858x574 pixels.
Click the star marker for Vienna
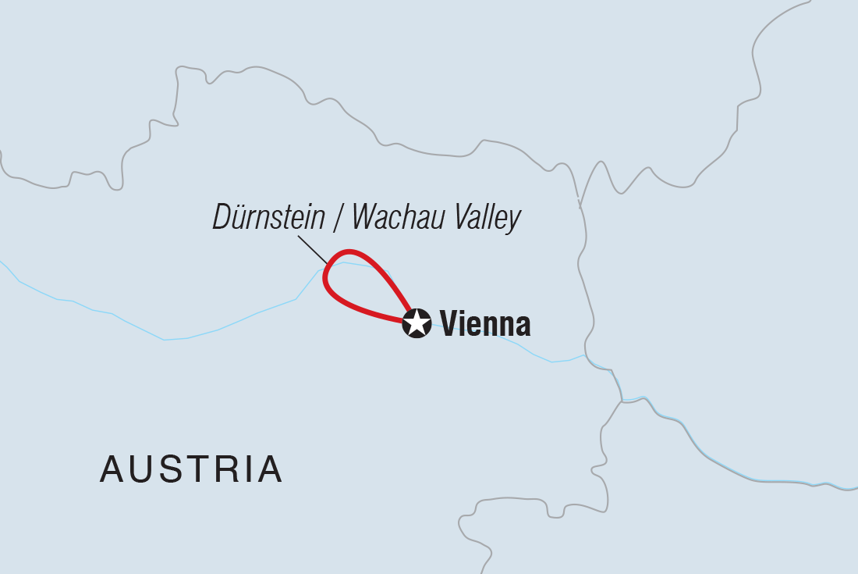click(x=417, y=323)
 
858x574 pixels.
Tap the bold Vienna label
click(x=485, y=323)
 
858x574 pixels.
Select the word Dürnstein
click(x=268, y=218)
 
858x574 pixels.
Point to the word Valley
click(x=487, y=218)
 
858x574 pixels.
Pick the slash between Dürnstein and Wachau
click(x=337, y=218)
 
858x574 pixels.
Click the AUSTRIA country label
click(x=191, y=469)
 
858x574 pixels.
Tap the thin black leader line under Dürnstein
click(x=313, y=249)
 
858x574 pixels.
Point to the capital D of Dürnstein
click(x=222, y=218)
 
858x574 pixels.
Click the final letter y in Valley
click(x=513, y=221)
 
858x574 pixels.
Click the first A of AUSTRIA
click(x=113, y=469)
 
